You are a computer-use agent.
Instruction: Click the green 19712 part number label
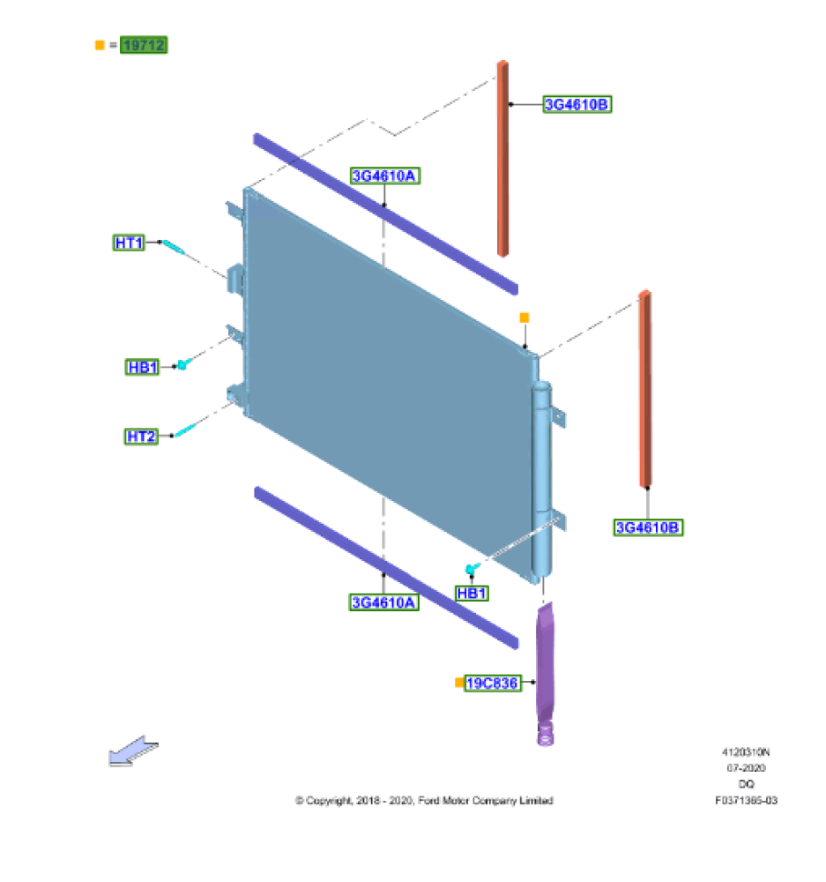(x=144, y=45)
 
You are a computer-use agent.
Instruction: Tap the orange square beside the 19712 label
(x=100, y=45)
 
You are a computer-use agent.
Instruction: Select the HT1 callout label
(x=129, y=243)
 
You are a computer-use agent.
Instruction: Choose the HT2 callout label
(x=141, y=437)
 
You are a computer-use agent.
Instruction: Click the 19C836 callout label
(x=493, y=684)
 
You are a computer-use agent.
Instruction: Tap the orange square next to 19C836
(x=459, y=683)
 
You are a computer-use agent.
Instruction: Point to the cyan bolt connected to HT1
(x=174, y=247)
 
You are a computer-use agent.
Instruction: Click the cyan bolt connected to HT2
(x=185, y=430)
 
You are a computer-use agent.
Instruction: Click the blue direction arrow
(x=133, y=751)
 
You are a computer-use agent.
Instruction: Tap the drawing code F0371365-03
(x=746, y=801)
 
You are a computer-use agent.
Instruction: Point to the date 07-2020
(x=746, y=768)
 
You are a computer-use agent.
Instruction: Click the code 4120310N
(x=746, y=752)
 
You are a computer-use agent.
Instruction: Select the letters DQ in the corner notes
(x=746, y=784)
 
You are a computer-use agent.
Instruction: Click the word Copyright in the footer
(x=329, y=801)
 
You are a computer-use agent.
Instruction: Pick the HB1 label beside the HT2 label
(x=142, y=367)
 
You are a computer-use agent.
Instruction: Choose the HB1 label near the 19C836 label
(x=472, y=594)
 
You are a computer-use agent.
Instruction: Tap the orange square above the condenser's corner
(x=525, y=318)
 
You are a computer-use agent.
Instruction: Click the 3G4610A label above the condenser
(x=385, y=176)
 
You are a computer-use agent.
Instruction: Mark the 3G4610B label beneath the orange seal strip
(x=648, y=527)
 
